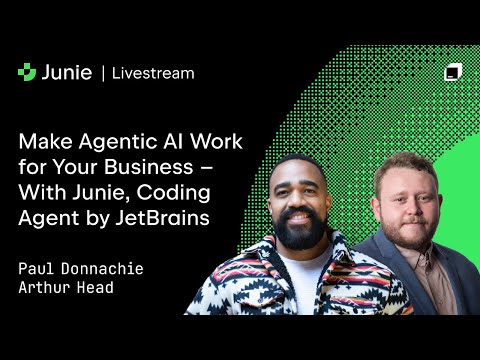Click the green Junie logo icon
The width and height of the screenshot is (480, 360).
pos(27,72)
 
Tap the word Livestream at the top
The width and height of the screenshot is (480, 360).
pos(153,73)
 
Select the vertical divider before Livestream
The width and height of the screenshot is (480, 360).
pos(103,72)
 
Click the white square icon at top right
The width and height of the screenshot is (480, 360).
pos(452,72)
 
